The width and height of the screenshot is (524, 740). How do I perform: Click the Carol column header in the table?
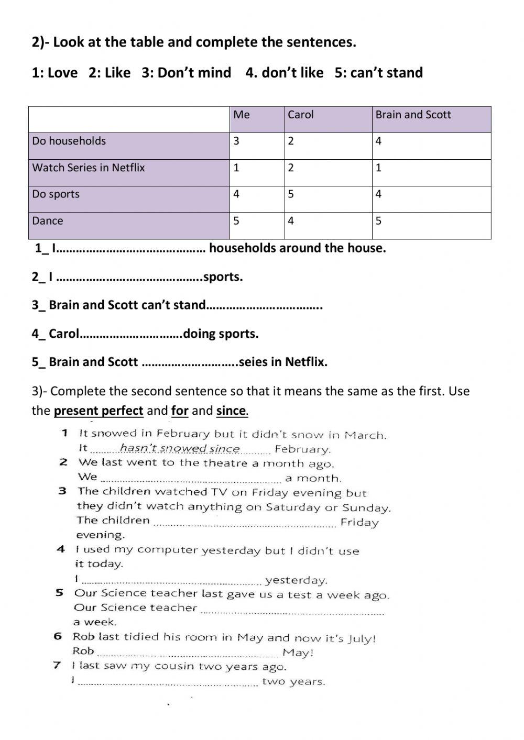tap(300, 115)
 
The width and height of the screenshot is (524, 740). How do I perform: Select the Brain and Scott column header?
tap(413, 115)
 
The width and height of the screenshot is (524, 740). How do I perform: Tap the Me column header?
tap(242, 115)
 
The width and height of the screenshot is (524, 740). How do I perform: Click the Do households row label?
tap(69, 141)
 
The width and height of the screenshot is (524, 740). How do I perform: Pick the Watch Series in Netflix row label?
tap(88, 168)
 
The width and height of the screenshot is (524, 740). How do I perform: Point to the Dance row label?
tap(48, 221)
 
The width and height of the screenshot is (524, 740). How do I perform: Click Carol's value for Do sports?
tap(291, 194)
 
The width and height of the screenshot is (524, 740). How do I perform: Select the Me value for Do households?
tap(236, 141)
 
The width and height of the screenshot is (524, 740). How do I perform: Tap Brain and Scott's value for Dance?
tap(378, 221)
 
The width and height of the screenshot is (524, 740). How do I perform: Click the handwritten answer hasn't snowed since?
tap(180, 449)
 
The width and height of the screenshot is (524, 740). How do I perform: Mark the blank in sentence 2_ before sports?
tap(129, 278)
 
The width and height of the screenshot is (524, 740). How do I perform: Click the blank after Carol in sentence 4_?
tap(130, 334)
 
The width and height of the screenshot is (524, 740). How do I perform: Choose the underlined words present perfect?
tap(98, 411)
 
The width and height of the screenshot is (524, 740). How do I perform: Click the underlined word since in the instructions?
tap(231, 411)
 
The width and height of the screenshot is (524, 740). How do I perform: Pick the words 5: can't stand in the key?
tap(378, 73)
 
